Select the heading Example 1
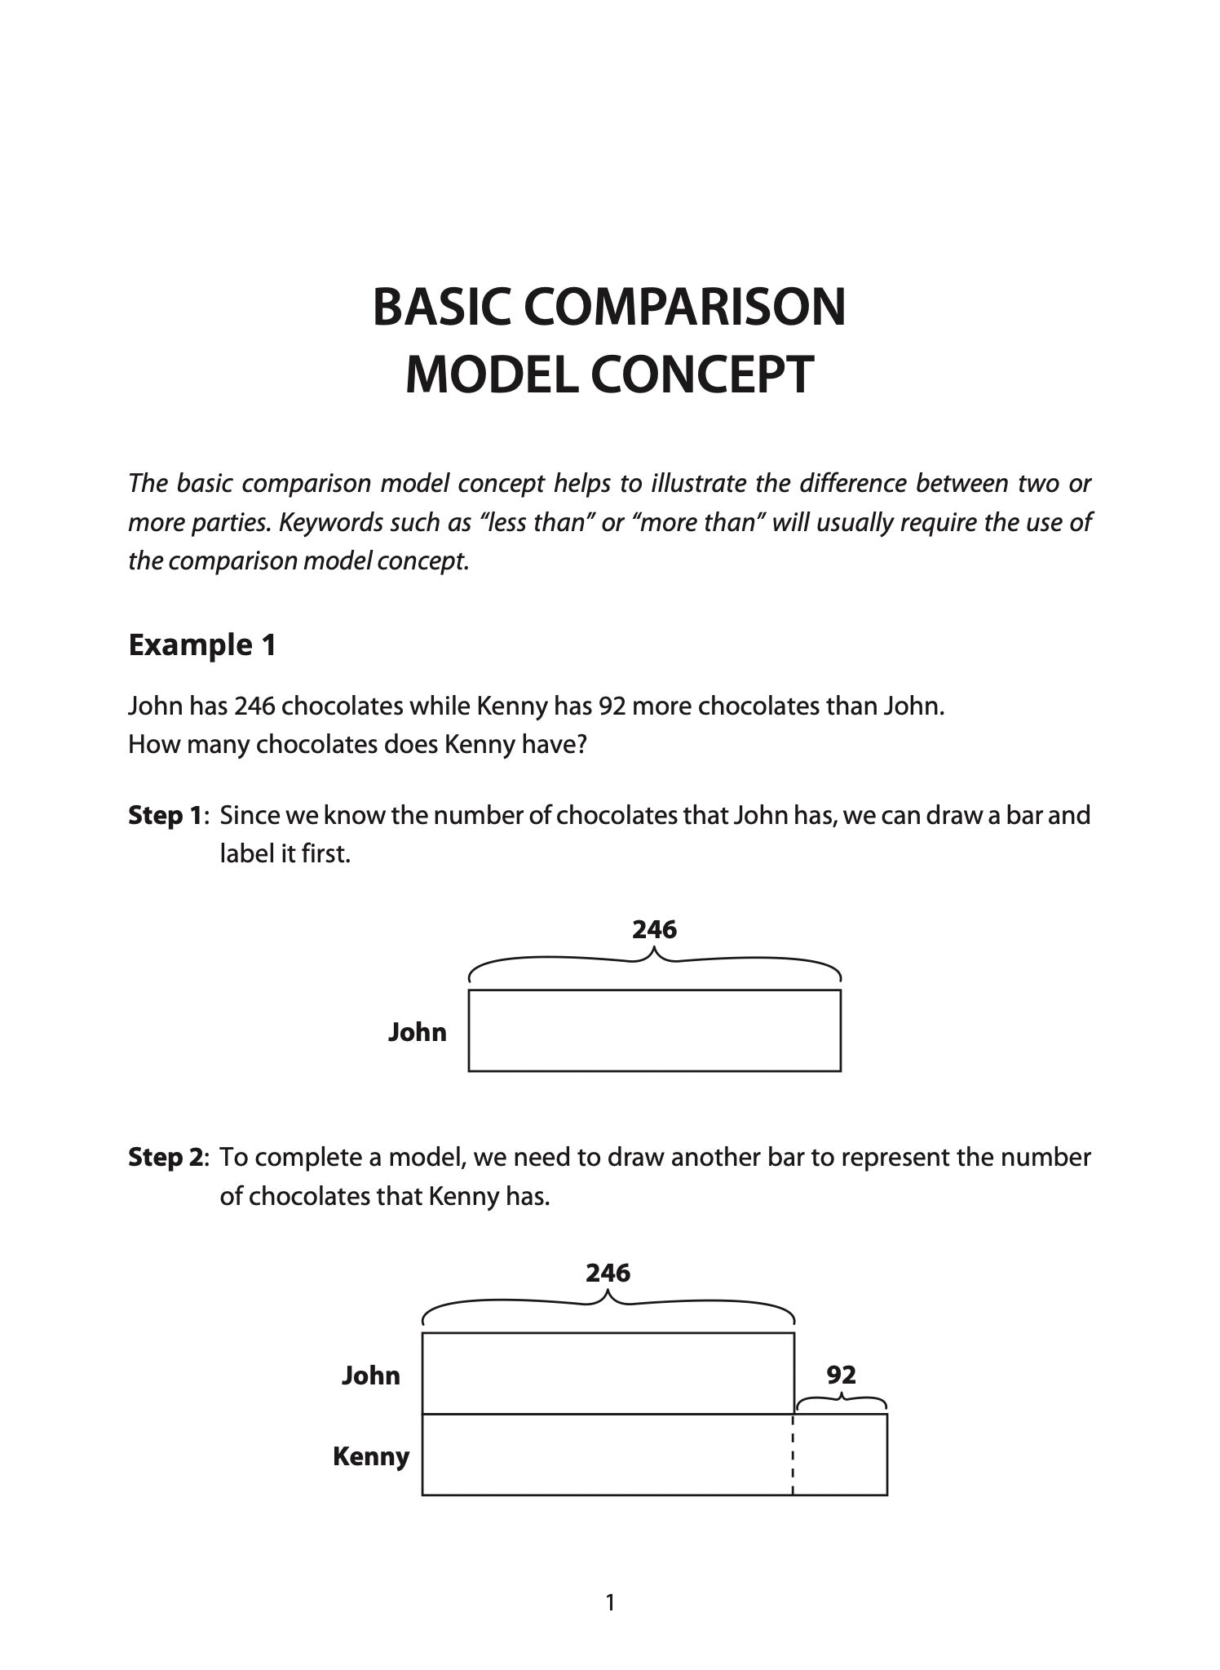coord(202,645)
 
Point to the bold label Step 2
coord(165,1157)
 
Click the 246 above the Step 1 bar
coord(654,929)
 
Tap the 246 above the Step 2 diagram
coord(608,1273)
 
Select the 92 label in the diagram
coord(841,1375)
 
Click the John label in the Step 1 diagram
coord(417,1032)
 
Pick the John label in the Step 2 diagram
coord(370,1375)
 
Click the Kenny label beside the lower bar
coord(370,1456)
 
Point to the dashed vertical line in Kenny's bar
coord(793,1455)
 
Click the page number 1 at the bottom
coord(610,1603)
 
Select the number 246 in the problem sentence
coord(255,705)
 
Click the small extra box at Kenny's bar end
coord(840,1455)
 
